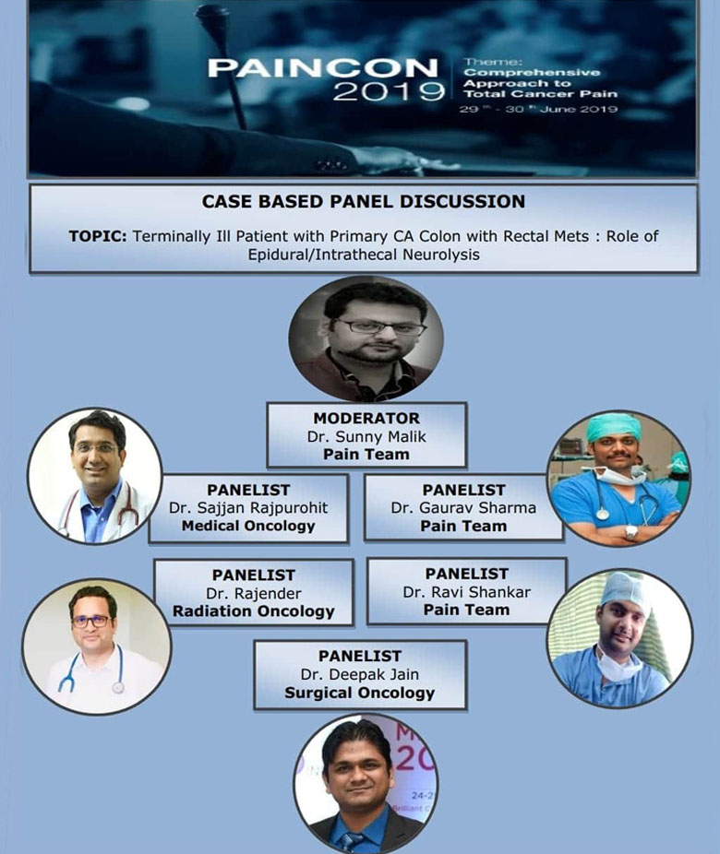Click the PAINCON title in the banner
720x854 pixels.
coord(323,67)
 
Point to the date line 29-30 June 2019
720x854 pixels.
coord(538,109)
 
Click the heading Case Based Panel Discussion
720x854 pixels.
coord(364,202)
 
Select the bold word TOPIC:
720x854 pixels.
coord(98,236)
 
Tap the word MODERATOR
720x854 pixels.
coord(366,419)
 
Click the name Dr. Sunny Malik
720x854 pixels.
coord(366,437)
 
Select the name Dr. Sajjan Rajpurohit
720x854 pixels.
coord(248,508)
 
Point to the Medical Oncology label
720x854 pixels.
coord(248,526)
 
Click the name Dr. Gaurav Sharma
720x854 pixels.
coord(463,508)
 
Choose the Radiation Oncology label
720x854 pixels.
coord(254,611)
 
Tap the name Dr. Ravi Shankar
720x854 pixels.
coord(466,592)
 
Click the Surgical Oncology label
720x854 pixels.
coord(360,693)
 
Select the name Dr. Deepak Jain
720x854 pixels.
coord(360,674)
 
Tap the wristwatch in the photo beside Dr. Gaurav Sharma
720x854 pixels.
coord(631,531)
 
